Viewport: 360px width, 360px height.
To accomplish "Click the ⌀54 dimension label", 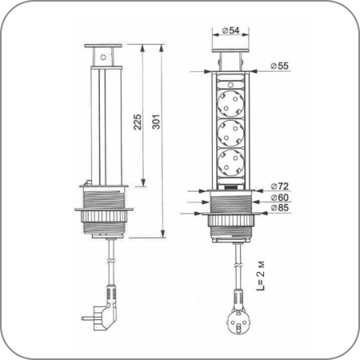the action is [230, 30].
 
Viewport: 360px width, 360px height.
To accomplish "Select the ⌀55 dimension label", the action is [279, 66].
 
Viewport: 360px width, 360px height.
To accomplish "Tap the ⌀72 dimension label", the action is [279, 186].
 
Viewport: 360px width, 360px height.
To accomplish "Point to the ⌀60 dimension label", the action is [279, 198].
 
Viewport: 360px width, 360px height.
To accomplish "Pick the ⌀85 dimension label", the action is [279, 208].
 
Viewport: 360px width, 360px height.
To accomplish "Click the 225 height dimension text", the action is [138, 122].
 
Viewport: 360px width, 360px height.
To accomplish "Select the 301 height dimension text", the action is [156, 122].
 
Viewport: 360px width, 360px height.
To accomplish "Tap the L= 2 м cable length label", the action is [261, 276].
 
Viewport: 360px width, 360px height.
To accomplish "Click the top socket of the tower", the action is [230, 103].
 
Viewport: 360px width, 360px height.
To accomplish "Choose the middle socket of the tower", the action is [230, 133].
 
